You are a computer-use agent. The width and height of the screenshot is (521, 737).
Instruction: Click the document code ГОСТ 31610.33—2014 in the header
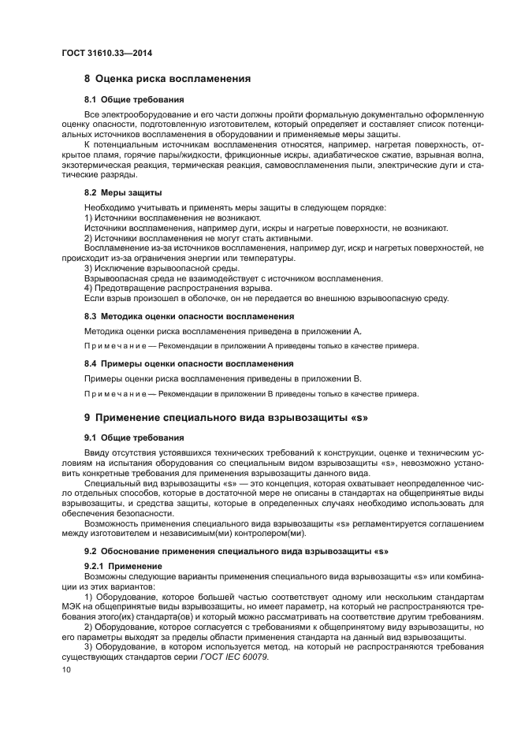click(106, 53)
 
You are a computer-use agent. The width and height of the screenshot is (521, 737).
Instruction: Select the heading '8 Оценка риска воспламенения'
click(167, 79)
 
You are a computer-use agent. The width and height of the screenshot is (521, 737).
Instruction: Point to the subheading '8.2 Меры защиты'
click(123, 192)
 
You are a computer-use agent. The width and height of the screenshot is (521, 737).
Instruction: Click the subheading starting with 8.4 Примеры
click(177, 363)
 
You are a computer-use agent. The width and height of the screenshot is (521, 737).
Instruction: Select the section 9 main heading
click(226, 415)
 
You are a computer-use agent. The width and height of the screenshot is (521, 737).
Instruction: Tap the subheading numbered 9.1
click(134, 437)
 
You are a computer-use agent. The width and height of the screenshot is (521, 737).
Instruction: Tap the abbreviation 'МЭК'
click(73, 607)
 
